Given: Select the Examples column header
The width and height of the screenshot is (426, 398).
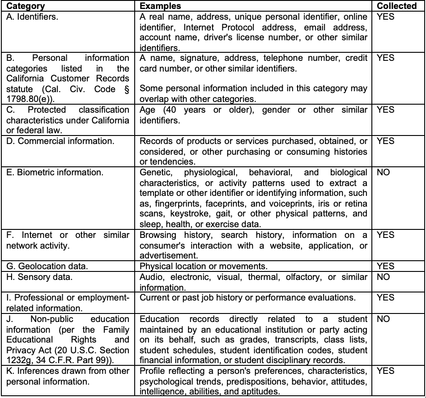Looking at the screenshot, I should point(161,6).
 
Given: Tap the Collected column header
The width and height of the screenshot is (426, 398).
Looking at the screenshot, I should point(397,6).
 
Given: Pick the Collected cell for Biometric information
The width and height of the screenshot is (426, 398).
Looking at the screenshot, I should point(383,173).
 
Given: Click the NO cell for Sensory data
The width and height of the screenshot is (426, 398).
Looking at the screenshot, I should point(383,277).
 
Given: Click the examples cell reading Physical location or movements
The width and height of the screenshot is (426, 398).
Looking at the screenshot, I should point(203,267).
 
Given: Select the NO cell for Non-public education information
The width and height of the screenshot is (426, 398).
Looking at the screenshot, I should point(383,319).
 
